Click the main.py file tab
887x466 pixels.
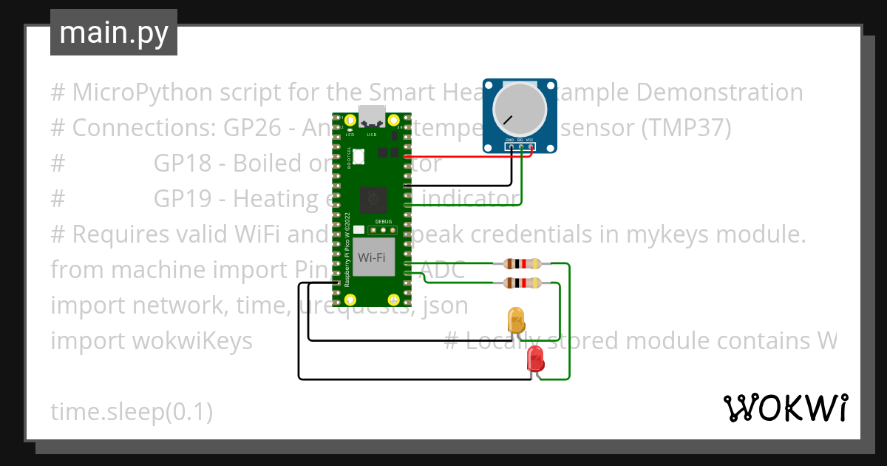coord(113,33)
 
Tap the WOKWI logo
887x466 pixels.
coord(784,408)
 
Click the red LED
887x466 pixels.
coord(535,359)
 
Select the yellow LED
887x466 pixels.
coord(516,320)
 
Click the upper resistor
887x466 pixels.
coord(522,263)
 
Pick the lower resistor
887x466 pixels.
coord(522,283)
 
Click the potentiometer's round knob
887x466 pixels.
coord(520,109)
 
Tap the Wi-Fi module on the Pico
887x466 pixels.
coord(371,257)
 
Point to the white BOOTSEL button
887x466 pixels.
coord(360,156)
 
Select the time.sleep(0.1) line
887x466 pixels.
coord(132,412)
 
